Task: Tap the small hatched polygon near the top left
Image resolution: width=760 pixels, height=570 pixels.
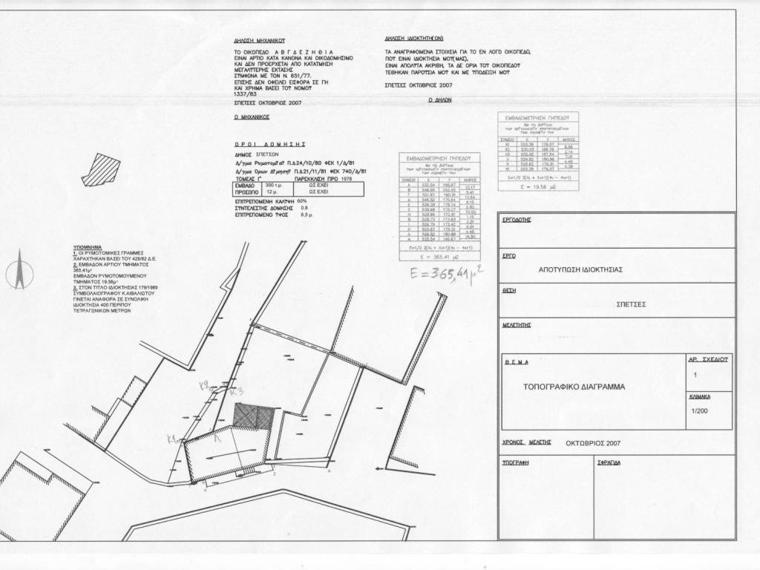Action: click(95, 169)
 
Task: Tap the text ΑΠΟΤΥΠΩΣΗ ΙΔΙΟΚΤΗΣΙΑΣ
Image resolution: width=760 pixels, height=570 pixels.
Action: click(580, 271)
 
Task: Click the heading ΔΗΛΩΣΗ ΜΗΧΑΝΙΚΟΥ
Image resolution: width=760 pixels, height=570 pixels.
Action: click(259, 42)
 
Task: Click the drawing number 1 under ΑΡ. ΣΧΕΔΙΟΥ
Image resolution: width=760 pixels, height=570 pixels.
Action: click(695, 376)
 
